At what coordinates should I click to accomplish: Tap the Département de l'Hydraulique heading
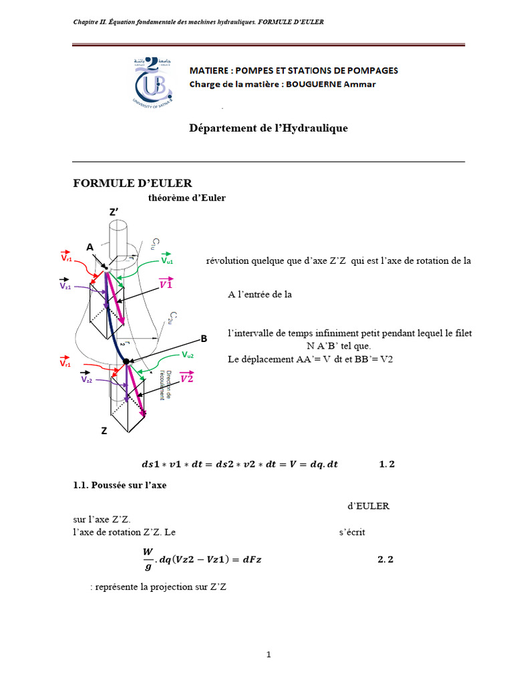pos(268,128)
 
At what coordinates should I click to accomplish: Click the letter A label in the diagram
pos(90,247)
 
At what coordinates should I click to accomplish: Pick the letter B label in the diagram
pos(204,339)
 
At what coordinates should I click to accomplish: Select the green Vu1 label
pos(166,261)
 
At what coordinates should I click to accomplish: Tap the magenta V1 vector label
pos(167,284)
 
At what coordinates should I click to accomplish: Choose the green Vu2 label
pos(189,355)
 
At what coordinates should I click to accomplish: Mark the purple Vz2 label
pos(88,378)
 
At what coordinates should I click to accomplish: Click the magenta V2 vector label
pos(187,378)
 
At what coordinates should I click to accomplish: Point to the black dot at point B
pos(126,361)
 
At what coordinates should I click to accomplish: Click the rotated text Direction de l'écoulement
pos(166,385)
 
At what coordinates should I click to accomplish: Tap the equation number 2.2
pos(385,560)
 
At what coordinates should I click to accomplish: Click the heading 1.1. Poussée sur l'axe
pos(120,486)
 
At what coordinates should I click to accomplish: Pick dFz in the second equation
pos(250,560)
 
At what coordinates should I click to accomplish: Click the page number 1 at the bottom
pos(268,655)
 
